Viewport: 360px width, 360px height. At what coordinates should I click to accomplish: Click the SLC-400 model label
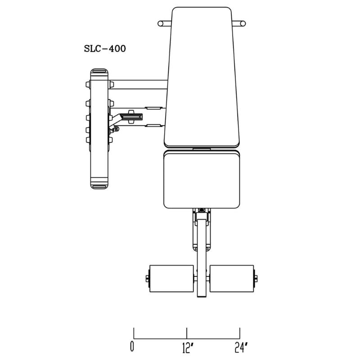click(x=104, y=49)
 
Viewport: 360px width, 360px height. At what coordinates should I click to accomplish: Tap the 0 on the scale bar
click(x=132, y=347)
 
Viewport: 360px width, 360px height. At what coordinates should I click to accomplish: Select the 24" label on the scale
click(x=241, y=347)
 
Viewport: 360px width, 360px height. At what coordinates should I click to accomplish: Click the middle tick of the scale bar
click(x=187, y=333)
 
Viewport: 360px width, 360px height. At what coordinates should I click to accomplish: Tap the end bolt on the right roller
click(x=256, y=279)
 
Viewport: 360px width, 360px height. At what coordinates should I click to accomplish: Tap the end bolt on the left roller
click(x=148, y=279)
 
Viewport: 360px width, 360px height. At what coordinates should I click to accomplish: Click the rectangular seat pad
click(x=202, y=179)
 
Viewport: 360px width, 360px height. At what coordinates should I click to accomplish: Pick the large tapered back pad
click(x=202, y=76)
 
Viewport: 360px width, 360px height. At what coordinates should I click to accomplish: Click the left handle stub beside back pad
click(x=164, y=23)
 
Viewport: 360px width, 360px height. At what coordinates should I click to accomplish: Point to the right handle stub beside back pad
click(x=239, y=23)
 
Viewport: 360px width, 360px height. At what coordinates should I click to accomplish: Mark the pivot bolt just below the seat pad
click(x=202, y=211)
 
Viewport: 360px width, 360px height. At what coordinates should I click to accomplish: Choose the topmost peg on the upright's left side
click(x=87, y=84)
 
